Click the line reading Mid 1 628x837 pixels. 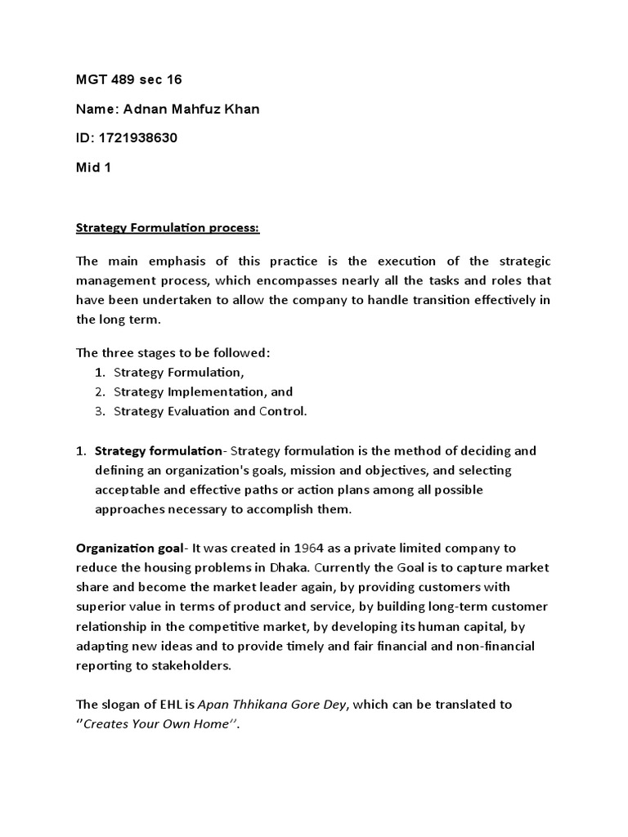click(x=92, y=168)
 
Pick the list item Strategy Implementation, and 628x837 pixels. click(x=203, y=392)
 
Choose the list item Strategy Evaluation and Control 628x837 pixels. click(x=210, y=411)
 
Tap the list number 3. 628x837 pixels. click(x=100, y=411)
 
